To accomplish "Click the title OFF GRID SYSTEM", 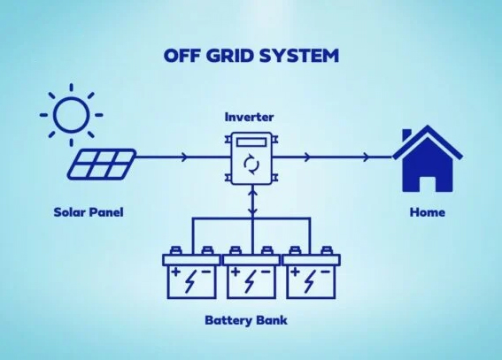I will tap(251, 55).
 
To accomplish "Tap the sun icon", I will tap(71, 114).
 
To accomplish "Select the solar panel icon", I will tap(104, 162).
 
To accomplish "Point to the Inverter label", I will tap(250, 117).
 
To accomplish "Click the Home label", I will tap(428, 213).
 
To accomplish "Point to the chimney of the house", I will tap(407, 135).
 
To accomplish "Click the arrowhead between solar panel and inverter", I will tap(183, 157).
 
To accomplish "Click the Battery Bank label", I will tap(251, 320).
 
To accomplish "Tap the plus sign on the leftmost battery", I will tap(175, 270).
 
